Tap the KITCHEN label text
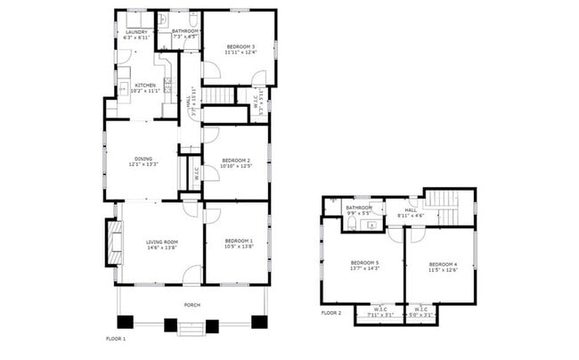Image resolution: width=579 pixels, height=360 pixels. (x=145, y=86)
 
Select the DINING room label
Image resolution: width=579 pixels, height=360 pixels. (x=143, y=159)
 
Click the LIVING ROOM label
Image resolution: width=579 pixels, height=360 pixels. (x=162, y=241)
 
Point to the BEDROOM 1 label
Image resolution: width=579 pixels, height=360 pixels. (x=239, y=241)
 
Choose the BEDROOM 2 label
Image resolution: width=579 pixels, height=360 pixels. (x=236, y=160)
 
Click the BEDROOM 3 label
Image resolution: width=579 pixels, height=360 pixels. (x=241, y=46)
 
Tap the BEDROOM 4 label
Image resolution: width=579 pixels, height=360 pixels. (x=443, y=265)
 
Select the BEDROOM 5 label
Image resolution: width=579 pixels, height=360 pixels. (x=364, y=263)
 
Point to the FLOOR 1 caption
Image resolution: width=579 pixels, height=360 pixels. (x=116, y=340)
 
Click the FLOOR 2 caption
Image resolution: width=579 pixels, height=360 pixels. (x=331, y=313)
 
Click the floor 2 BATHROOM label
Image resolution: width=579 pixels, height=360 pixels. (x=359, y=208)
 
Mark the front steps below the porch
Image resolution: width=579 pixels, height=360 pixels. (x=192, y=328)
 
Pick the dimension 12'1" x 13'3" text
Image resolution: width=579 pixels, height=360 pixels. (x=143, y=165)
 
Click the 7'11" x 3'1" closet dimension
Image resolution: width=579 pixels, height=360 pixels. (x=380, y=314)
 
